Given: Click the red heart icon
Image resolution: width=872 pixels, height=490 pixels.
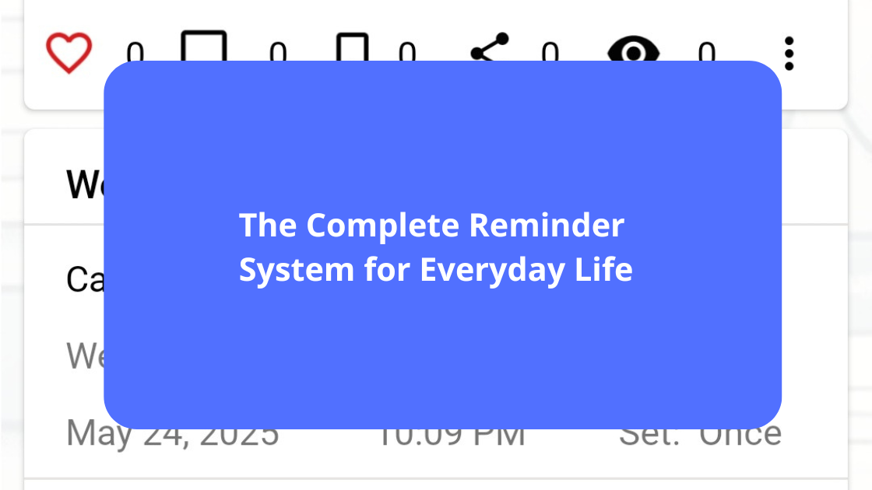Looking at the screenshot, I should coord(69,52).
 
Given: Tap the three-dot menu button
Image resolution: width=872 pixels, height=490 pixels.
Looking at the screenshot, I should coord(789,54).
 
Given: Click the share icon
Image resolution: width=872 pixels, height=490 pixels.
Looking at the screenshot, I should coord(490,47).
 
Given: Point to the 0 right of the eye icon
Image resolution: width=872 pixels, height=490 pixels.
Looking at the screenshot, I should coord(706,54).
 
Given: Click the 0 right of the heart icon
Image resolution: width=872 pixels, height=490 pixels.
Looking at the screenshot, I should coord(135,54).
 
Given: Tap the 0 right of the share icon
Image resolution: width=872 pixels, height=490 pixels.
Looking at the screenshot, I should coord(550,54).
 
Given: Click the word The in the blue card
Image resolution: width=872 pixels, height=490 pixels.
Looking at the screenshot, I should coord(268,226).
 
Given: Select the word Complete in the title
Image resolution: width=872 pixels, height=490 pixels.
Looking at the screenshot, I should coord(382,226).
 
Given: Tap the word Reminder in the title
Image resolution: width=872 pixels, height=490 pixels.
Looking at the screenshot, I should coord(547,226).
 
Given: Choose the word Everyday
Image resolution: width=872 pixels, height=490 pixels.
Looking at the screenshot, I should coord(486,271).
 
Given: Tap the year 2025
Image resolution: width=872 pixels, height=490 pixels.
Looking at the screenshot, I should coord(239,434).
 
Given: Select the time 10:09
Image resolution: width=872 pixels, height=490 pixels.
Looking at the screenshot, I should coord(420,434).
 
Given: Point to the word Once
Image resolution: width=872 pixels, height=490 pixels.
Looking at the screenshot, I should coord(740,434).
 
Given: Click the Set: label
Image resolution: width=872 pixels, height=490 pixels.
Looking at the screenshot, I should coord(650,434).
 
